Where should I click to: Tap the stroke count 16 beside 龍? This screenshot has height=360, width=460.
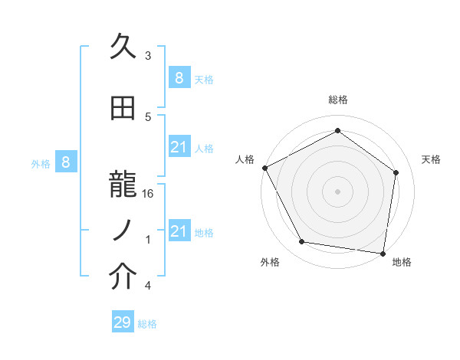tap(149, 194)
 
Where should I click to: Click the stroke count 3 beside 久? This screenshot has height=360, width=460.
tap(148, 55)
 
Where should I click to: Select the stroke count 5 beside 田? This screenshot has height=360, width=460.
tap(148, 117)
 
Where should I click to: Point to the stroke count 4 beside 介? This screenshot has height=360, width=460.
tap(148, 286)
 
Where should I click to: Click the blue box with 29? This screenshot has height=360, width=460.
tap(123, 322)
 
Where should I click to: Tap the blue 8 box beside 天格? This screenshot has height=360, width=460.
tap(179, 77)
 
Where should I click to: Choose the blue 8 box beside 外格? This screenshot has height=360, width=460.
tap(66, 162)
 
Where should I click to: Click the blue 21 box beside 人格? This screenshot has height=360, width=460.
tap(179, 147)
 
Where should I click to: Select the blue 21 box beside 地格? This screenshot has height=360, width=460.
tap(179, 231)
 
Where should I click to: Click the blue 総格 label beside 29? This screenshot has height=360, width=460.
tap(148, 324)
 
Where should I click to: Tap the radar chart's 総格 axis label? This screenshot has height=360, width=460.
tap(337, 100)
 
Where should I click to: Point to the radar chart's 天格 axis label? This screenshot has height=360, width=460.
tap(432, 159)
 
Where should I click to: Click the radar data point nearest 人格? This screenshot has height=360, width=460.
tap(264, 168)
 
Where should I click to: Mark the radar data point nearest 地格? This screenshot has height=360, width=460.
tap(383, 253)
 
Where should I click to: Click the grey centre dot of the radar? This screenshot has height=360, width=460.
tap(337, 191)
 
